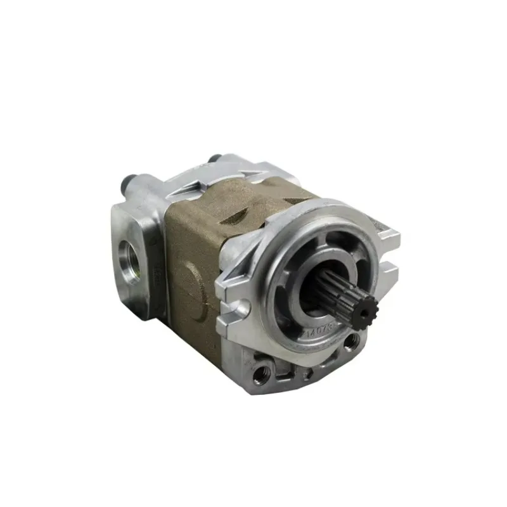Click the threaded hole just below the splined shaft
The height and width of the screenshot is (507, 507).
pos(350,342)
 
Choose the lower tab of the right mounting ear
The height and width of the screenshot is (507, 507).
pos(388,272)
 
